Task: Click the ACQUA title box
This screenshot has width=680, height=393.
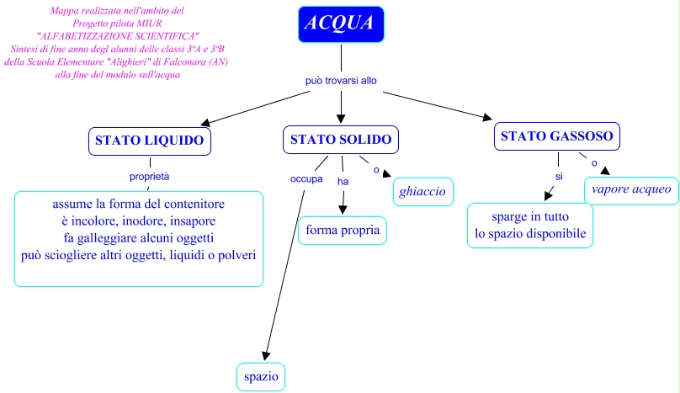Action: coord(341,24)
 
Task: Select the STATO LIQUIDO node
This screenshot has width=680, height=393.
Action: coord(149,141)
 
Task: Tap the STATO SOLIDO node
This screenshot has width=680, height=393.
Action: coord(340,140)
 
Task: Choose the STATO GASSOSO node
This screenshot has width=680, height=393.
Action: coord(557,136)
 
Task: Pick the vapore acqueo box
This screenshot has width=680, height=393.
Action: coord(631,189)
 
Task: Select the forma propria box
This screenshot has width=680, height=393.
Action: coord(343,230)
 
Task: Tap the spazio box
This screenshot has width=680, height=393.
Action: coord(260,376)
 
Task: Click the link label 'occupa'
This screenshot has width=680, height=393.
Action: coord(306,178)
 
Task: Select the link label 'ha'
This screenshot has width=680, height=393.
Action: coord(343,180)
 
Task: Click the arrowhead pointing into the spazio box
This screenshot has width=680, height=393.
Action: coord(265,354)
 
